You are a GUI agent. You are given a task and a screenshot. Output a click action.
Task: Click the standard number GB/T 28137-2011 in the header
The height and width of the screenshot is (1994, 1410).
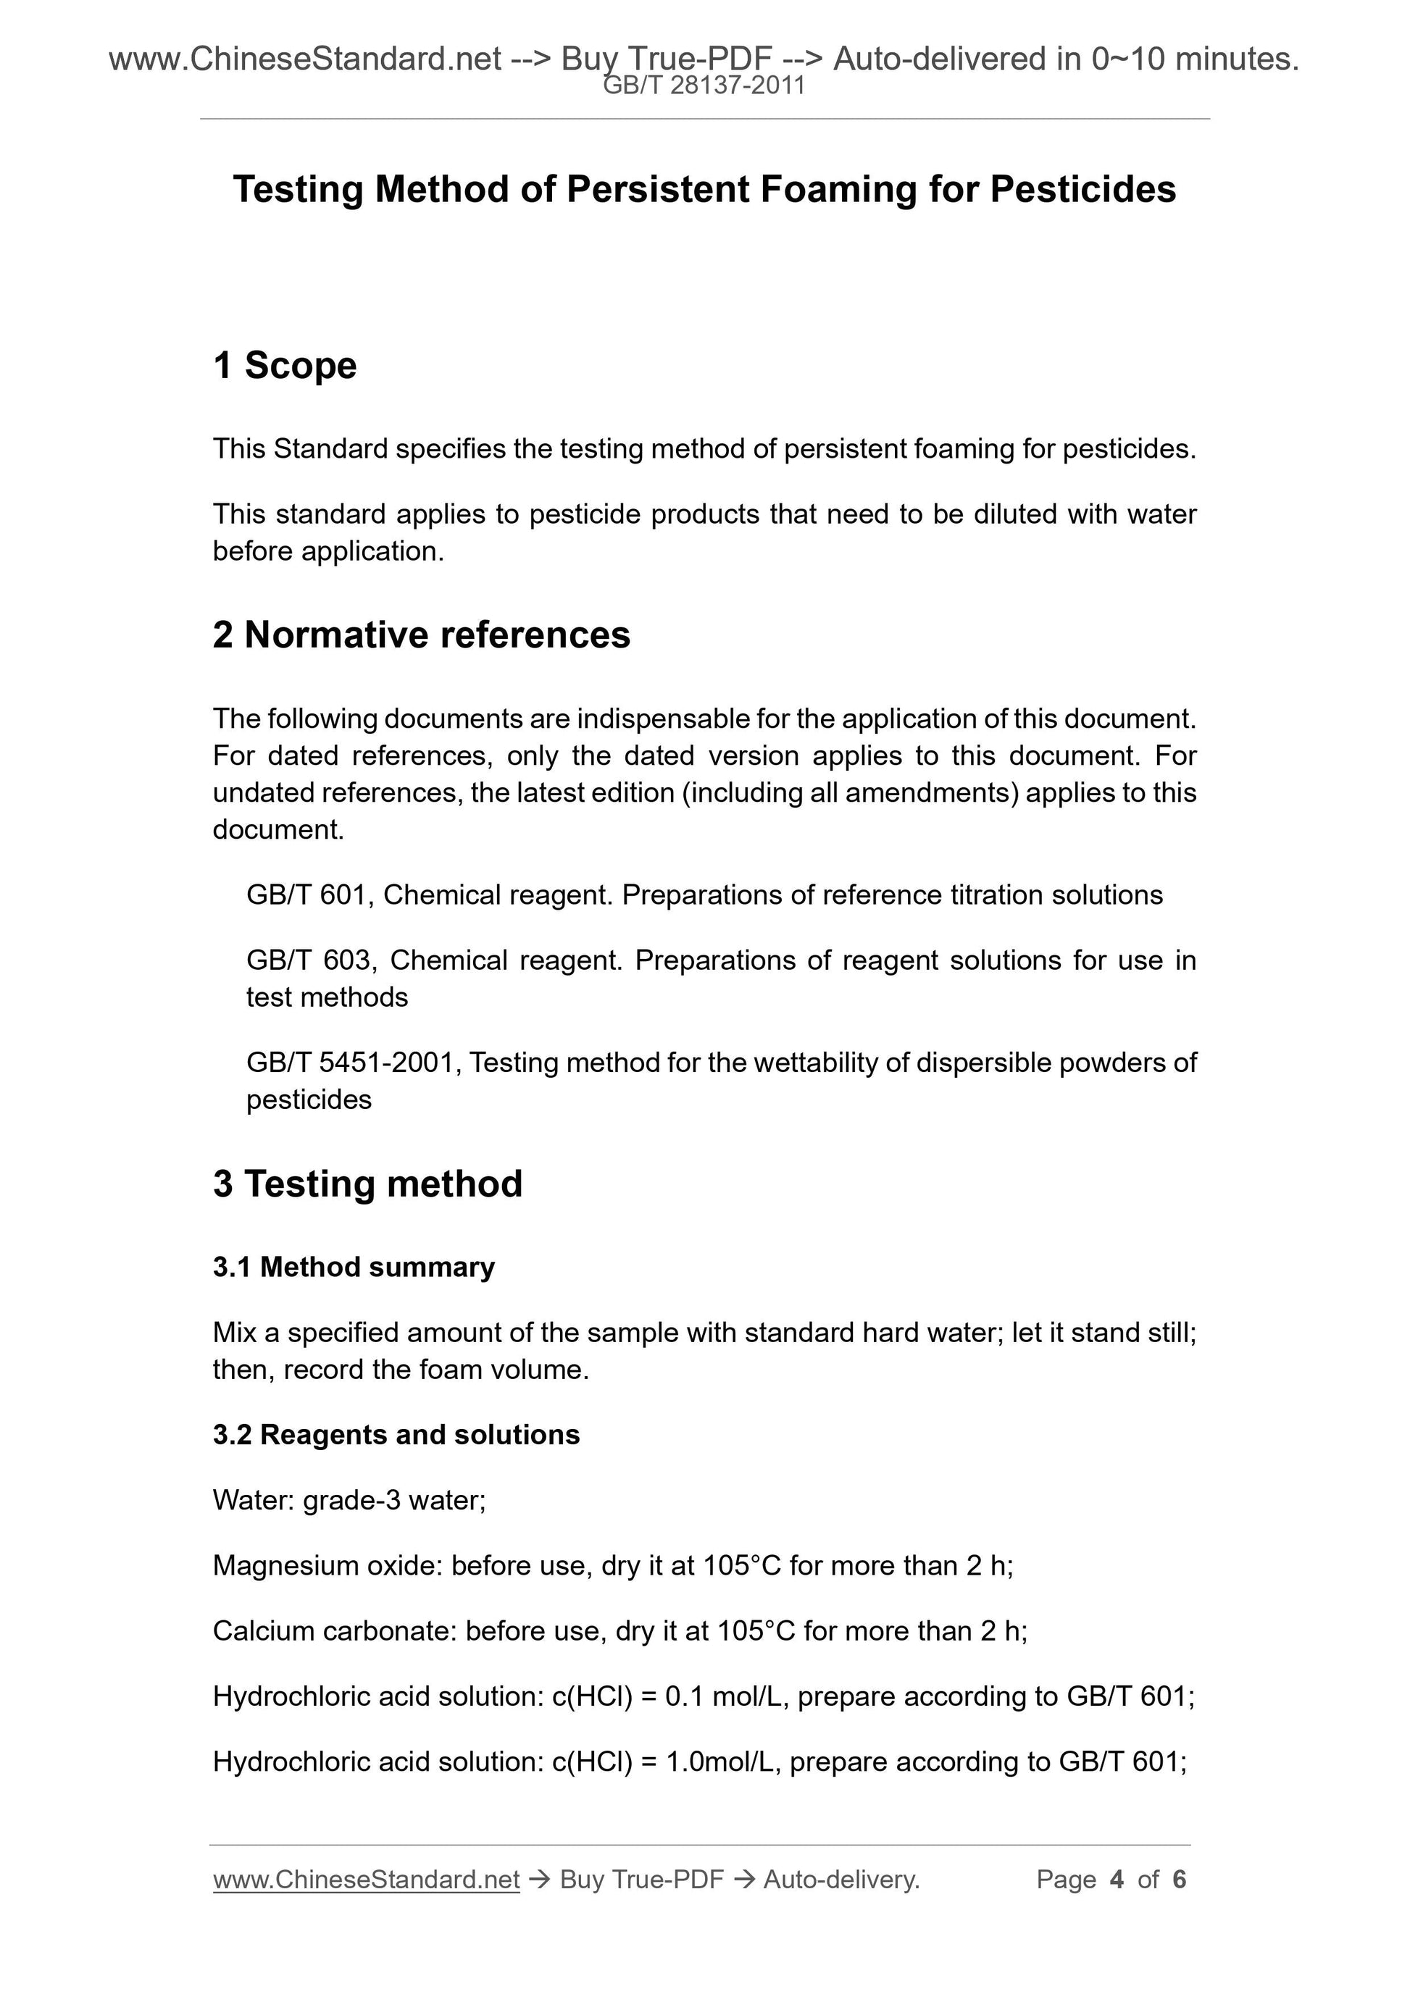click(x=704, y=86)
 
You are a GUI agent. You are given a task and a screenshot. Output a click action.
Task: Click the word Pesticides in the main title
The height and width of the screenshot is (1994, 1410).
click(x=1082, y=189)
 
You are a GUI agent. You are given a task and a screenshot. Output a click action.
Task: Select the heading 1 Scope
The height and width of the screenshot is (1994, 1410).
click(x=285, y=366)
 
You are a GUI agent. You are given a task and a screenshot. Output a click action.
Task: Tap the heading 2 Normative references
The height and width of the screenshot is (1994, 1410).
click(x=422, y=634)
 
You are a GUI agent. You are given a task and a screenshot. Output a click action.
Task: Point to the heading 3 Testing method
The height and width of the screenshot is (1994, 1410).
click(x=367, y=1184)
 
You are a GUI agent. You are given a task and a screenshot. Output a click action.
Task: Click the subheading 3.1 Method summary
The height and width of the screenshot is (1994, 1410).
click(x=354, y=1267)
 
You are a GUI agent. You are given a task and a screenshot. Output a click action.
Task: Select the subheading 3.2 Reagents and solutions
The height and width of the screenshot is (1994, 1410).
click(x=396, y=1435)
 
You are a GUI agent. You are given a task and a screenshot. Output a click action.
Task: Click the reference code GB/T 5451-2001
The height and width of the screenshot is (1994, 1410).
click(x=353, y=1062)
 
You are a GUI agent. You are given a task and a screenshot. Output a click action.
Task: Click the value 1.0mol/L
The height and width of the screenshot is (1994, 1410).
click(x=726, y=1761)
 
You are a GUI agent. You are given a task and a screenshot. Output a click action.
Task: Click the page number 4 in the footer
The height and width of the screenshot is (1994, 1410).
click(x=1117, y=1880)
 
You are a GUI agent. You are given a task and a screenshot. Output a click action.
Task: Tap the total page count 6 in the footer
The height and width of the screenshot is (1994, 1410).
click(x=1179, y=1880)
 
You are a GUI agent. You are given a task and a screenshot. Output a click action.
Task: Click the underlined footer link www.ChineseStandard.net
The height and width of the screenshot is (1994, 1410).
click(x=366, y=1880)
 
